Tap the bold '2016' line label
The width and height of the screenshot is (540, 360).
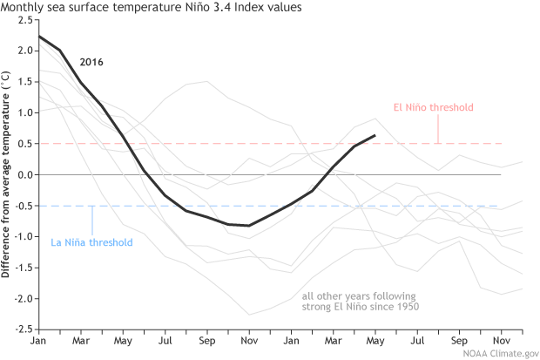91,63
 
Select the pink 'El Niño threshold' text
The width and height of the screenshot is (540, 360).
434,108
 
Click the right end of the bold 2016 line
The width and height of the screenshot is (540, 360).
375,135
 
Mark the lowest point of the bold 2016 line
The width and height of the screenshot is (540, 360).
250,226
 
